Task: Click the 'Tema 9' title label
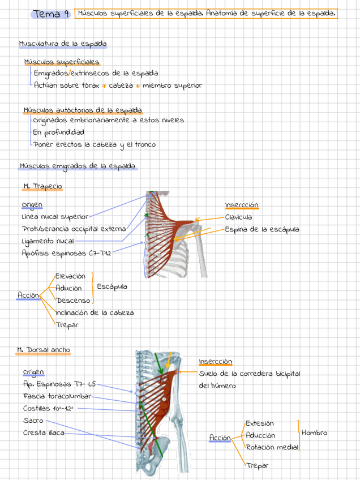point(51,14)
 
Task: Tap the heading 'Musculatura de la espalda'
point(62,44)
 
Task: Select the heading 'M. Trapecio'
point(43,186)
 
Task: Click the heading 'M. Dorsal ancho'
point(44,350)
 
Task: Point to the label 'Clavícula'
point(238,217)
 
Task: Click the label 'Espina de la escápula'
point(262,230)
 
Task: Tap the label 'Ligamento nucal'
point(48,242)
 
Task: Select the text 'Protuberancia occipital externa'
point(74,229)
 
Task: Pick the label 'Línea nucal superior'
point(55,217)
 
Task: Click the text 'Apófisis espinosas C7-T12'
point(67,254)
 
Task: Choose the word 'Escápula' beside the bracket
point(112,287)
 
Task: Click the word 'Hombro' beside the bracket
point(314,433)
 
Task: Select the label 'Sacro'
point(33,421)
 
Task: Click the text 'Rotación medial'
point(272,447)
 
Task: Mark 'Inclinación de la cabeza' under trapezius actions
point(95,312)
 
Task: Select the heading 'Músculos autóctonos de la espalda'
point(83,110)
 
